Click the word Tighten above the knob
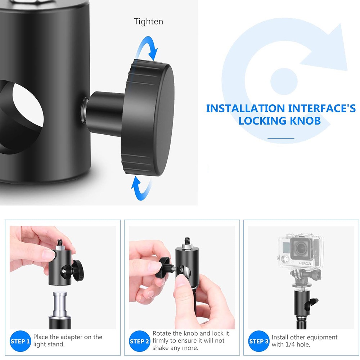coord(149,22)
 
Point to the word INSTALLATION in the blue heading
coord(246,109)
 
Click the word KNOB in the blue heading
coord(305,121)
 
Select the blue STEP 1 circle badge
coord(20,341)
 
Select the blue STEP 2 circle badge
coord(139,341)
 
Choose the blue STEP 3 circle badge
coord(258,341)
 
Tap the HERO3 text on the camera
coord(305,264)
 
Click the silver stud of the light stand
coord(60,304)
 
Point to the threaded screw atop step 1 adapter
coord(60,242)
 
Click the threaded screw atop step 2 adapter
coord(186,241)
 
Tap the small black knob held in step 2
coord(163,267)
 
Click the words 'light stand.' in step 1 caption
coord(49,345)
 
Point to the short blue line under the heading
coord(281,139)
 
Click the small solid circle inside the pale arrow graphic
coord(284,81)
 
